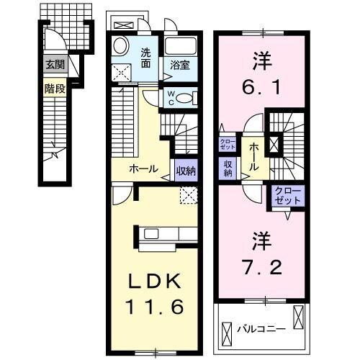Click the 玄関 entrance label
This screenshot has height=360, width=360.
[54, 64]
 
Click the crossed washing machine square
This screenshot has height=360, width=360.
[122, 71]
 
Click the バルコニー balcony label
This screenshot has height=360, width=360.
[262, 329]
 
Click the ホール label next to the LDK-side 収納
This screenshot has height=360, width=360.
[143, 169]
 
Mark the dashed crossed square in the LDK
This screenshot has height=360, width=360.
[189, 193]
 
